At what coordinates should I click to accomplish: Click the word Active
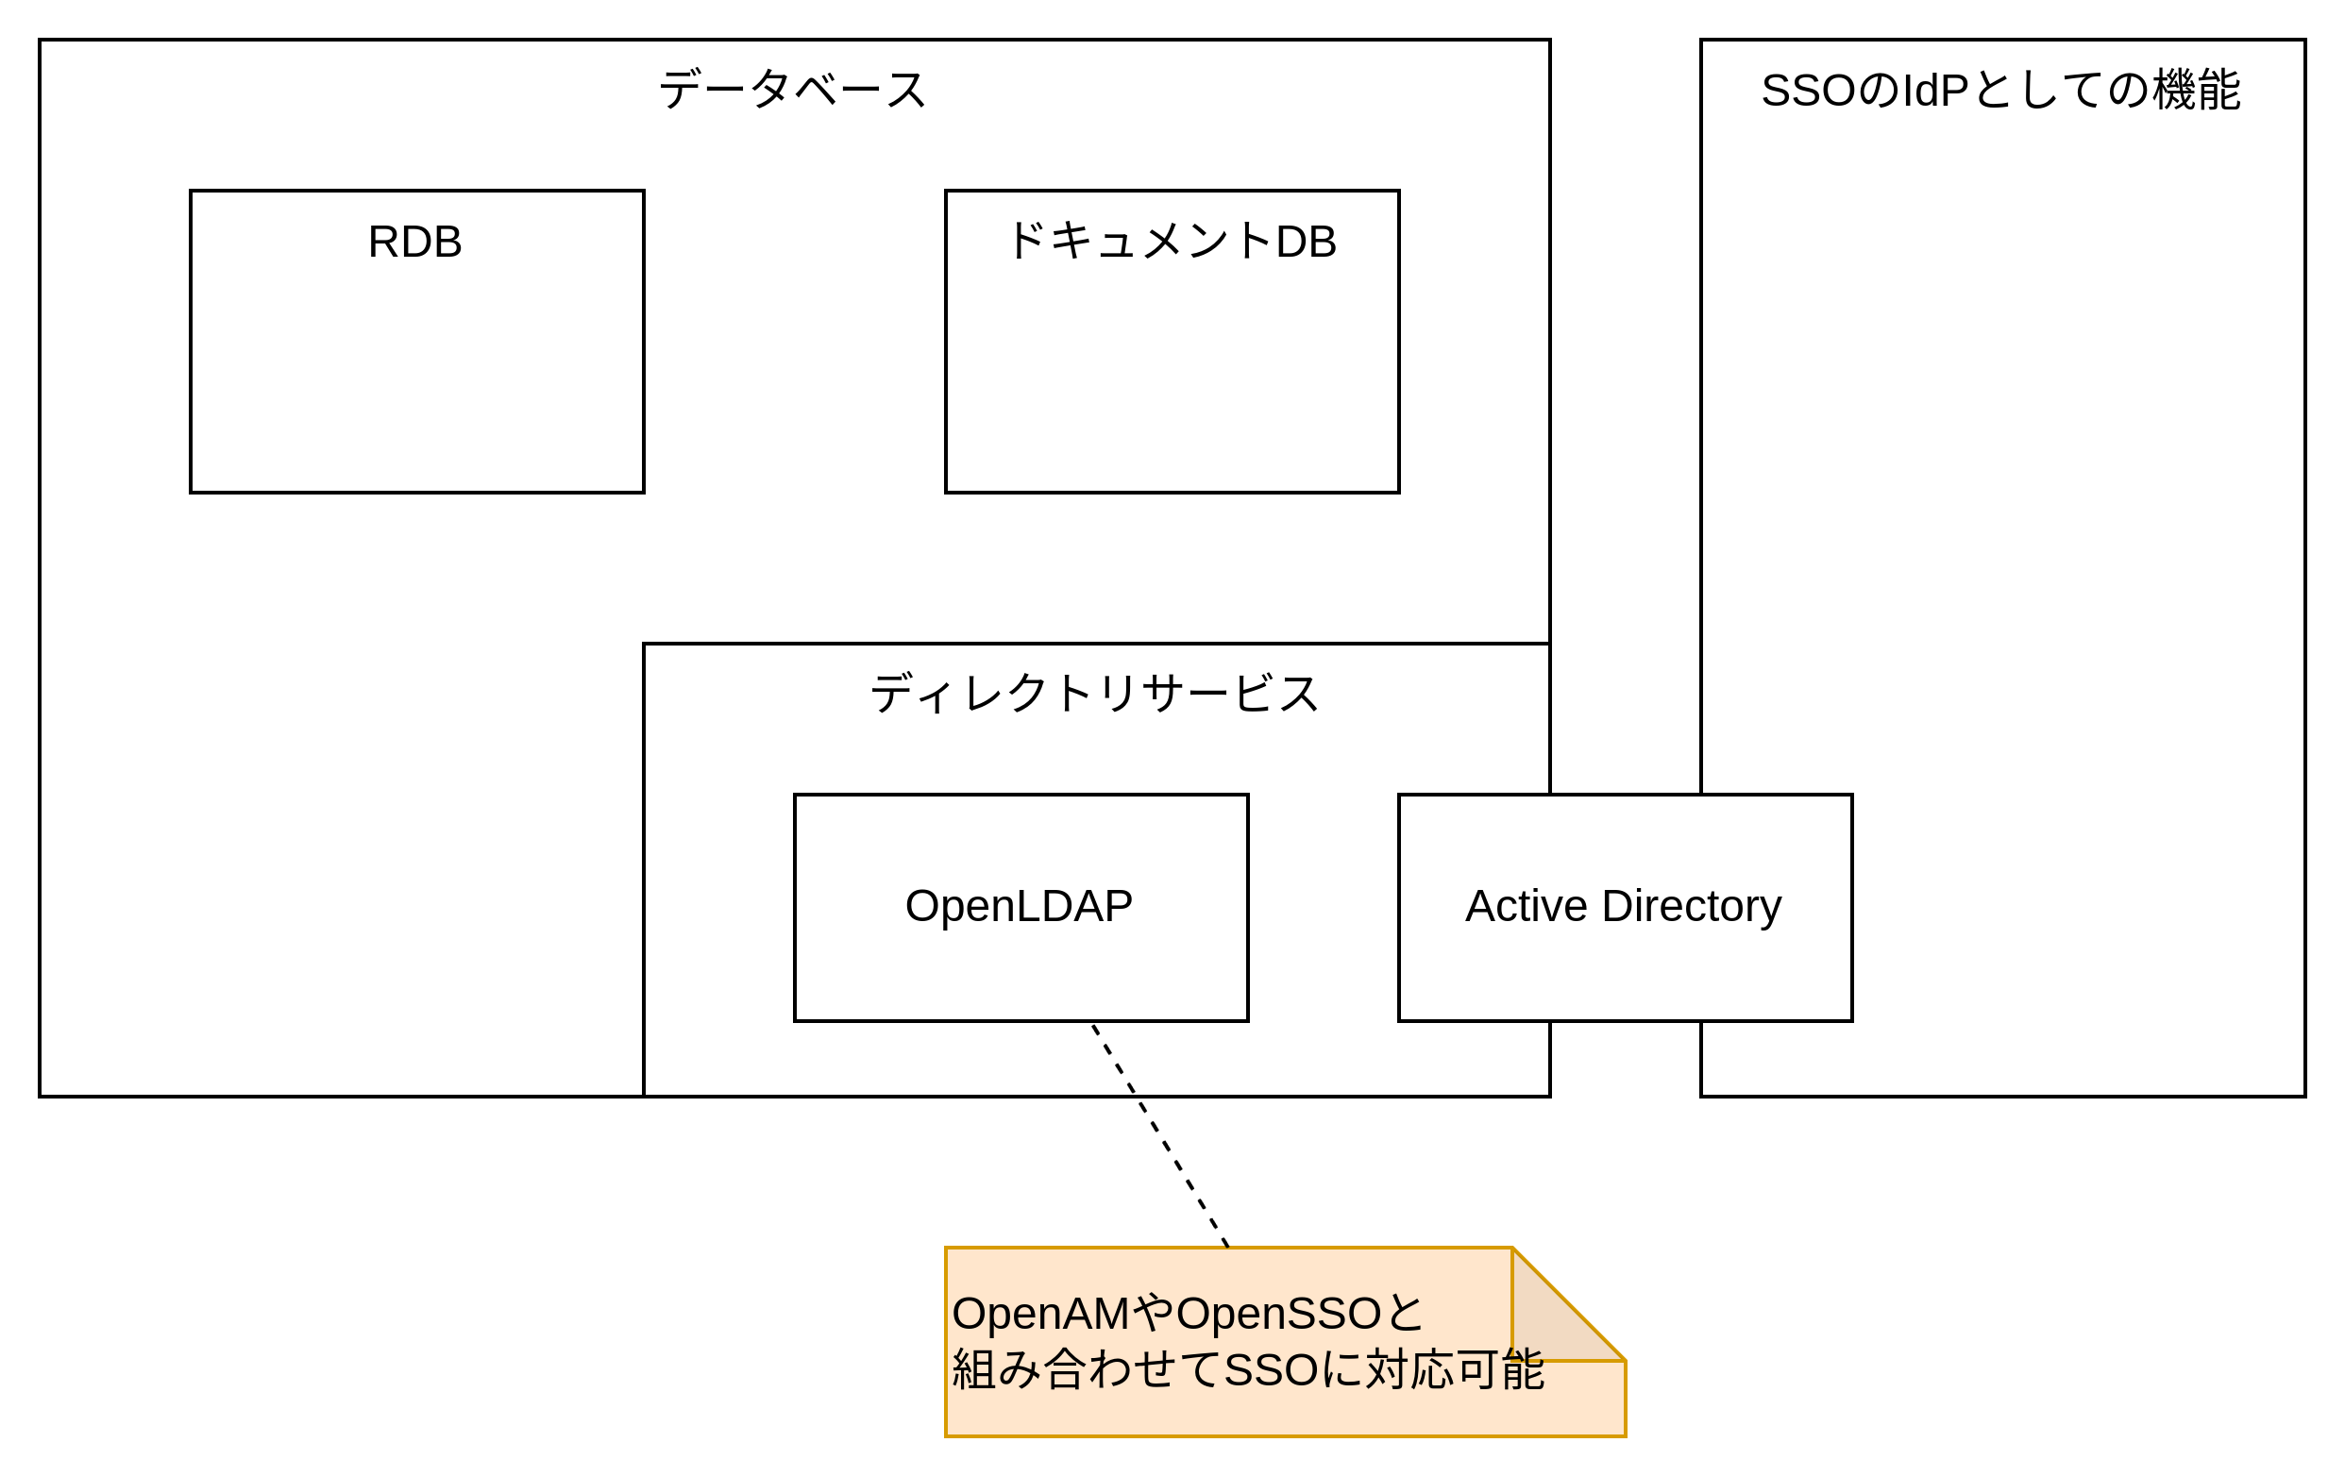[x=1526, y=906]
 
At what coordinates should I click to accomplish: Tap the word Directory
[x=1692, y=906]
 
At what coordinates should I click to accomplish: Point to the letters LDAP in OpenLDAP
[x=1074, y=906]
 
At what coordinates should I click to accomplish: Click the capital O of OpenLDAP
[x=921, y=906]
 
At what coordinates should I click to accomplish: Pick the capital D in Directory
[x=1616, y=906]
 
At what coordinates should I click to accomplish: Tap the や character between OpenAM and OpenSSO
[x=1153, y=1314]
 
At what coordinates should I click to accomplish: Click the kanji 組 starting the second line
[x=974, y=1370]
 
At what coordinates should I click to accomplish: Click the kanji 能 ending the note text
[x=1523, y=1370]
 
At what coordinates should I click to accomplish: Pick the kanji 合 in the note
[x=1066, y=1370]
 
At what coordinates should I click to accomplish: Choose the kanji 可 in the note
[x=1477, y=1370]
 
